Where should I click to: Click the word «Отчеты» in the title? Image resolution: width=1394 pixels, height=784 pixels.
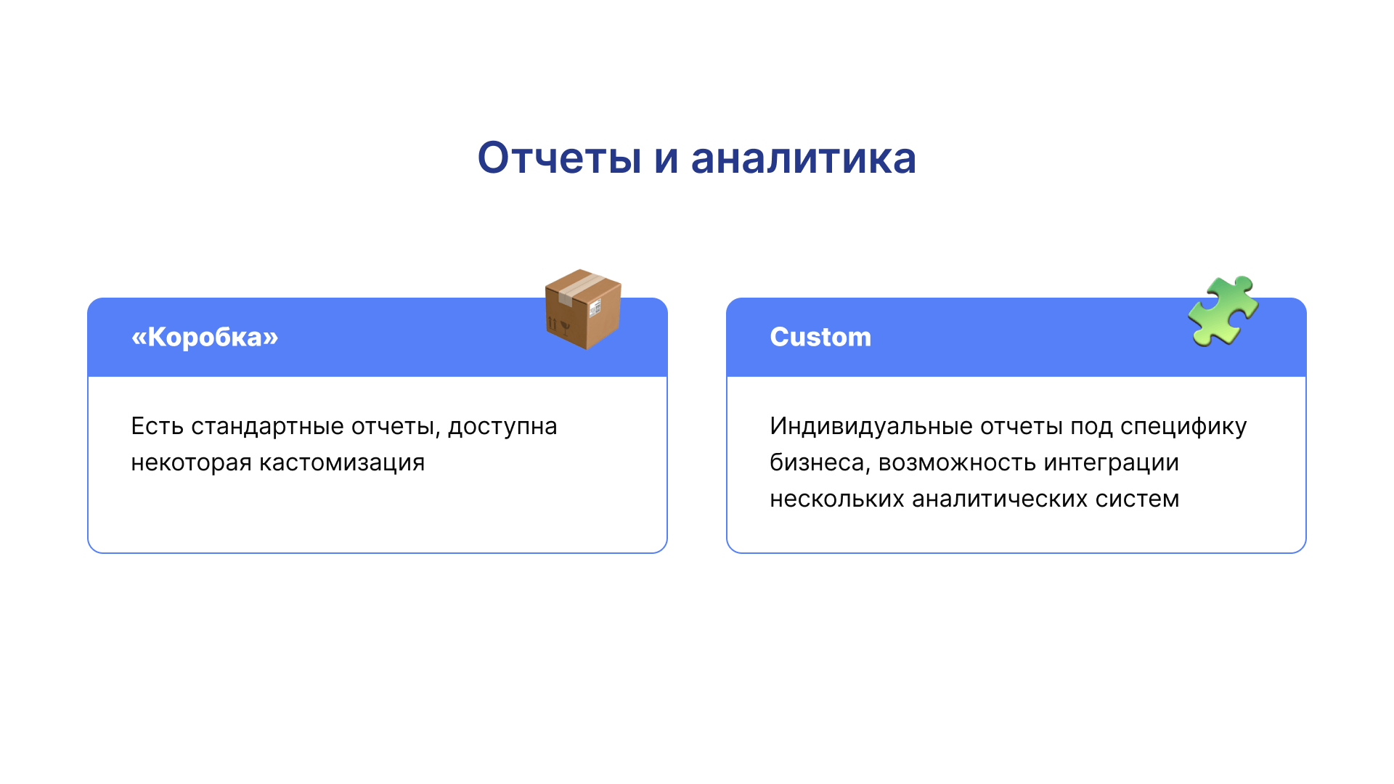[x=559, y=158]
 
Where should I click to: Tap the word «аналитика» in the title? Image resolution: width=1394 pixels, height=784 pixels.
[x=804, y=158]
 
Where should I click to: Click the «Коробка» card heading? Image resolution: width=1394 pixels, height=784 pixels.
[x=205, y=337]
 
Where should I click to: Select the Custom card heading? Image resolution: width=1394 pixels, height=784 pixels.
[x=820, y=337]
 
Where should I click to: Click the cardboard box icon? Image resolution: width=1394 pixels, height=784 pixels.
[x=583, y=309]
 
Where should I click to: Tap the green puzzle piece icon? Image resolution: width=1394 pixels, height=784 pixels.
[x=1223, y=311]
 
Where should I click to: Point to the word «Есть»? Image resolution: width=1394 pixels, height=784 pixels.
[x=158, y=426]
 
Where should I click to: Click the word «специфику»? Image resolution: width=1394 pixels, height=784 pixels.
[x=1183, y=427]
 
